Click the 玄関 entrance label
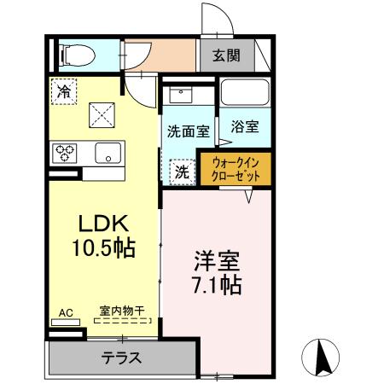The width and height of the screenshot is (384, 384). click(x=226, y=57)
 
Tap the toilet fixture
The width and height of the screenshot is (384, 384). click(x=74, y=55)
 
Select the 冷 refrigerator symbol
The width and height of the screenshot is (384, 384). click(x=63, y=90)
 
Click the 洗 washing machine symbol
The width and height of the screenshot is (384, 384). click(x=182, y=170)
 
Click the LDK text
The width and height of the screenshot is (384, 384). click(x=103, y=224)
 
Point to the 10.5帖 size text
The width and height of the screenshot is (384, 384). click(x=104, y=248)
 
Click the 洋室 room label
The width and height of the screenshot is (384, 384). click(x=212, y=259)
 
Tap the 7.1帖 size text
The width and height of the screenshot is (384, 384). click(x=212, y=283)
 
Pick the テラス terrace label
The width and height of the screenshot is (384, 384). click(x=121, y=357)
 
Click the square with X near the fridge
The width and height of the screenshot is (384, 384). click(x=102, y=112)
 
